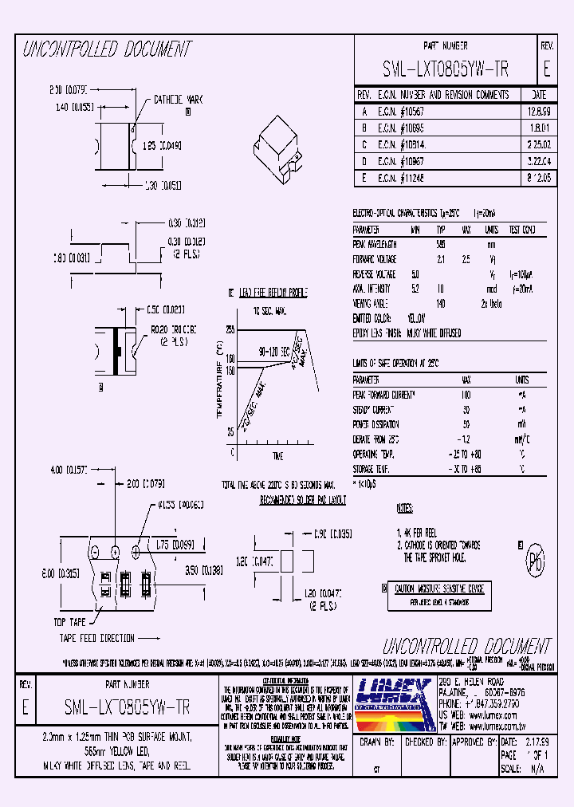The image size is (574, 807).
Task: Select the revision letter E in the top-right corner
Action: click(546, 69)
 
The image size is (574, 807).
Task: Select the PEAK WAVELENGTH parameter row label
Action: click(375, 244)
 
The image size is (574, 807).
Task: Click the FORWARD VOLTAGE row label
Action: click(375, 258)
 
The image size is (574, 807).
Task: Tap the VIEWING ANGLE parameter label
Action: click(371, 302)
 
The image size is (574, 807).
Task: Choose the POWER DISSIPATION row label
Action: click(376, 424)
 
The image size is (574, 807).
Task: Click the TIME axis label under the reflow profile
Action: click(277, 455)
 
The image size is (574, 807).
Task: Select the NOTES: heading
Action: click(406, 507)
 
